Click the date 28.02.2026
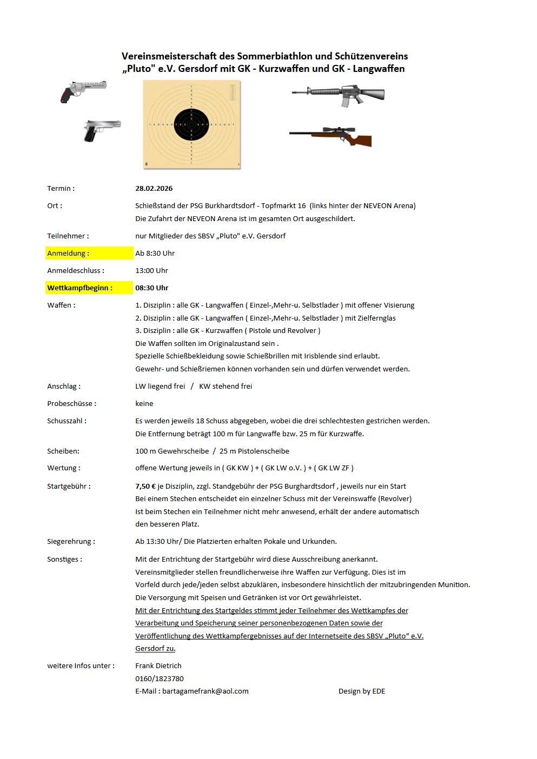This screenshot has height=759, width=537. [x=154, y=189]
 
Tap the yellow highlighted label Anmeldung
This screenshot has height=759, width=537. [x=68, y=254]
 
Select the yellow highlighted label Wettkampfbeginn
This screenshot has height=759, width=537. [x=79, y=288]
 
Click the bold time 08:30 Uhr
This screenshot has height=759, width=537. [x=151, y=288]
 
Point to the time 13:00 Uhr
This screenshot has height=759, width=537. [x=151, y=271]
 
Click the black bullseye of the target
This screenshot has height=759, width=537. [x=191, y=125]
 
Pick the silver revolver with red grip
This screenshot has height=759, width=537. [x=83, y=90]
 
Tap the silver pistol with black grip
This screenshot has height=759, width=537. [x=101, y=130]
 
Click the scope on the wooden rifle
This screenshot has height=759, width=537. [x=339, y=130]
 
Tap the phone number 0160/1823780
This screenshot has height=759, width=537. [x=159, y=679]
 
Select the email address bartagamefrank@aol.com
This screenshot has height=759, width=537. [x=205, y=691]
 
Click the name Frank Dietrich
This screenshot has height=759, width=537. [x=158, y=666]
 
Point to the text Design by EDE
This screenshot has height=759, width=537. [x=361, y=691]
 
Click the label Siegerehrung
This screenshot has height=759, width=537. [x=71, y=542]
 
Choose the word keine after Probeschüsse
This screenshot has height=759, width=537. [x=144, y=404]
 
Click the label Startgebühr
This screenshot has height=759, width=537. [x=69, y=487]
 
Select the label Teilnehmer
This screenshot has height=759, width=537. [x=68, y=236]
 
